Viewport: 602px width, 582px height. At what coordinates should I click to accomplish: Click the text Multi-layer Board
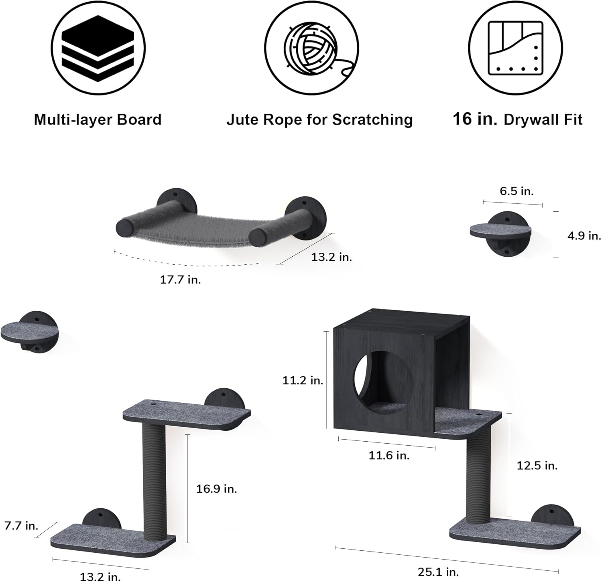point(98,120)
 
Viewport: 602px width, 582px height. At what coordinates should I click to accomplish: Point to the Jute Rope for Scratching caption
point(319,120)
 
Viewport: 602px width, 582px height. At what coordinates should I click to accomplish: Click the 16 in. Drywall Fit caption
point(517,119)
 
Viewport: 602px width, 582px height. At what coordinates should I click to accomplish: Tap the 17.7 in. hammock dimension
point(180,280)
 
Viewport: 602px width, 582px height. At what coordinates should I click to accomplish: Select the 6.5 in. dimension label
point(517,191)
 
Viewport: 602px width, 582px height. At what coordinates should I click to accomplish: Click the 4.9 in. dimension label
point(584,236)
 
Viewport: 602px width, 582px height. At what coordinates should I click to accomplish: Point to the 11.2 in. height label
point(303,380)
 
